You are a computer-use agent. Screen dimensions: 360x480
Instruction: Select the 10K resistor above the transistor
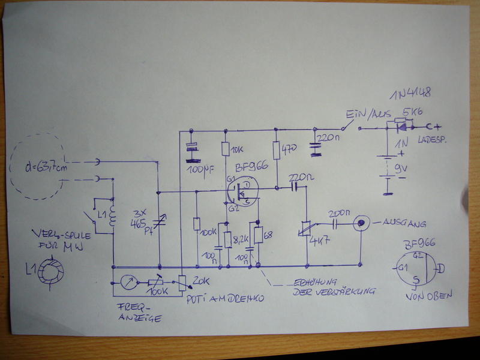point(226,149)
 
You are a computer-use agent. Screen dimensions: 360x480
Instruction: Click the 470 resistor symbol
point(276,150)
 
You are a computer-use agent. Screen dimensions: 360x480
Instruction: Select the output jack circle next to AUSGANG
point(360,223)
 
